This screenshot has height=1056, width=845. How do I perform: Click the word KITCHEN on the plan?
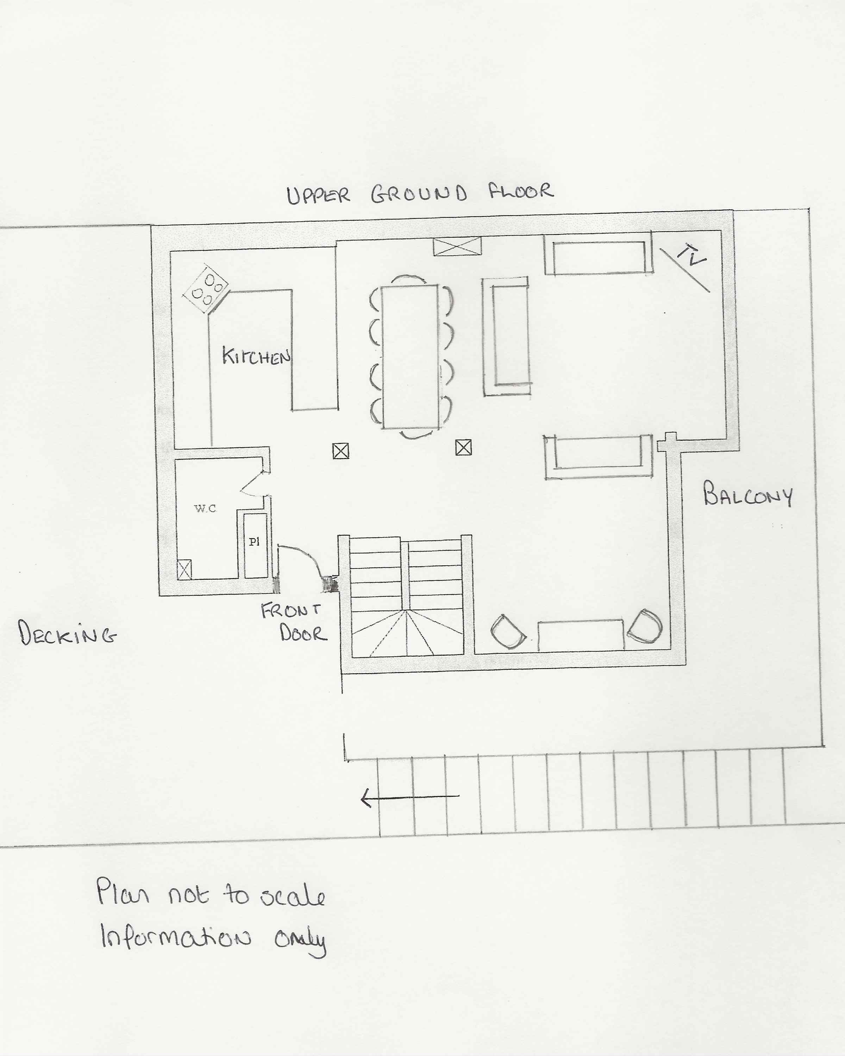(256, 357)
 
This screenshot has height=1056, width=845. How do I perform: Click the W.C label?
(205, 508)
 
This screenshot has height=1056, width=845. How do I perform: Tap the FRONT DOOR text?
(293, 622)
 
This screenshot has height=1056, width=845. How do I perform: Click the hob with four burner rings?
(206, 289)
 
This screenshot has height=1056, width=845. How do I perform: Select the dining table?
(410, 357)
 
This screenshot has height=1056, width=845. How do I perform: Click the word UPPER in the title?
(318, 195)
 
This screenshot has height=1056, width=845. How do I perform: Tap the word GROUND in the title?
(419, 194)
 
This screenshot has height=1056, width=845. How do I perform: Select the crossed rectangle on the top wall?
(457, 246)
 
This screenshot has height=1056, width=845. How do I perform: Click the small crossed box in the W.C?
(184, 570)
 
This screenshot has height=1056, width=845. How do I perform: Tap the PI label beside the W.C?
(254, 541)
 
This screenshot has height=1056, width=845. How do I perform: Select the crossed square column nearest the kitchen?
(341, 451)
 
